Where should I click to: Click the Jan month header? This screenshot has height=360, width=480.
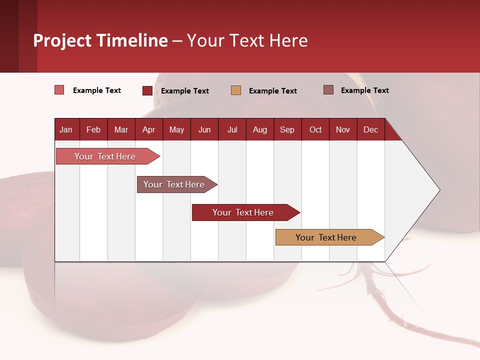pyautogui.click(x=66, y=129)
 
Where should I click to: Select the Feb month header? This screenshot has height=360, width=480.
pyautogui.click(x=93, y=129)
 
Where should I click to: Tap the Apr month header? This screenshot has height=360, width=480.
pyautogui.click(x=148, y=129)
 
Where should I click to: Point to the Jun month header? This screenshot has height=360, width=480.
pyautogui.click(x=204, y=129)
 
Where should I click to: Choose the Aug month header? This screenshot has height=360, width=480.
pyautogui.click(x=260, y=129)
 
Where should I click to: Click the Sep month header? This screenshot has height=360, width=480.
pyautogui.click(x=287, y=129)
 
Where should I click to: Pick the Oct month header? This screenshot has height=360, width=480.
pyautogui.click(x=315, y=129)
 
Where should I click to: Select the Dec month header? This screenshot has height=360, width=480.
pyautogui.click(x=371, y=129)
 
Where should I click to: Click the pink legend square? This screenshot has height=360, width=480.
pyautogui.click(x=59, y=90)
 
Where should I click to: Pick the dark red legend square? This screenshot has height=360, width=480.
pyautogui.click(x=147, y=90)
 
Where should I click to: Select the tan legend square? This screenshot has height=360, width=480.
pyautogui.click(x=236, y=90)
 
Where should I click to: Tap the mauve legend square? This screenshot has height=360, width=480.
pyautogui.click(x=328, y=90)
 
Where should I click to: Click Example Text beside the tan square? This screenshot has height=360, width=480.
pyautogui.click(x=273, y=91)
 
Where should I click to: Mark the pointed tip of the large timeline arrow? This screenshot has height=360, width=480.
pyautogui.click(x=439, y=189)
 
